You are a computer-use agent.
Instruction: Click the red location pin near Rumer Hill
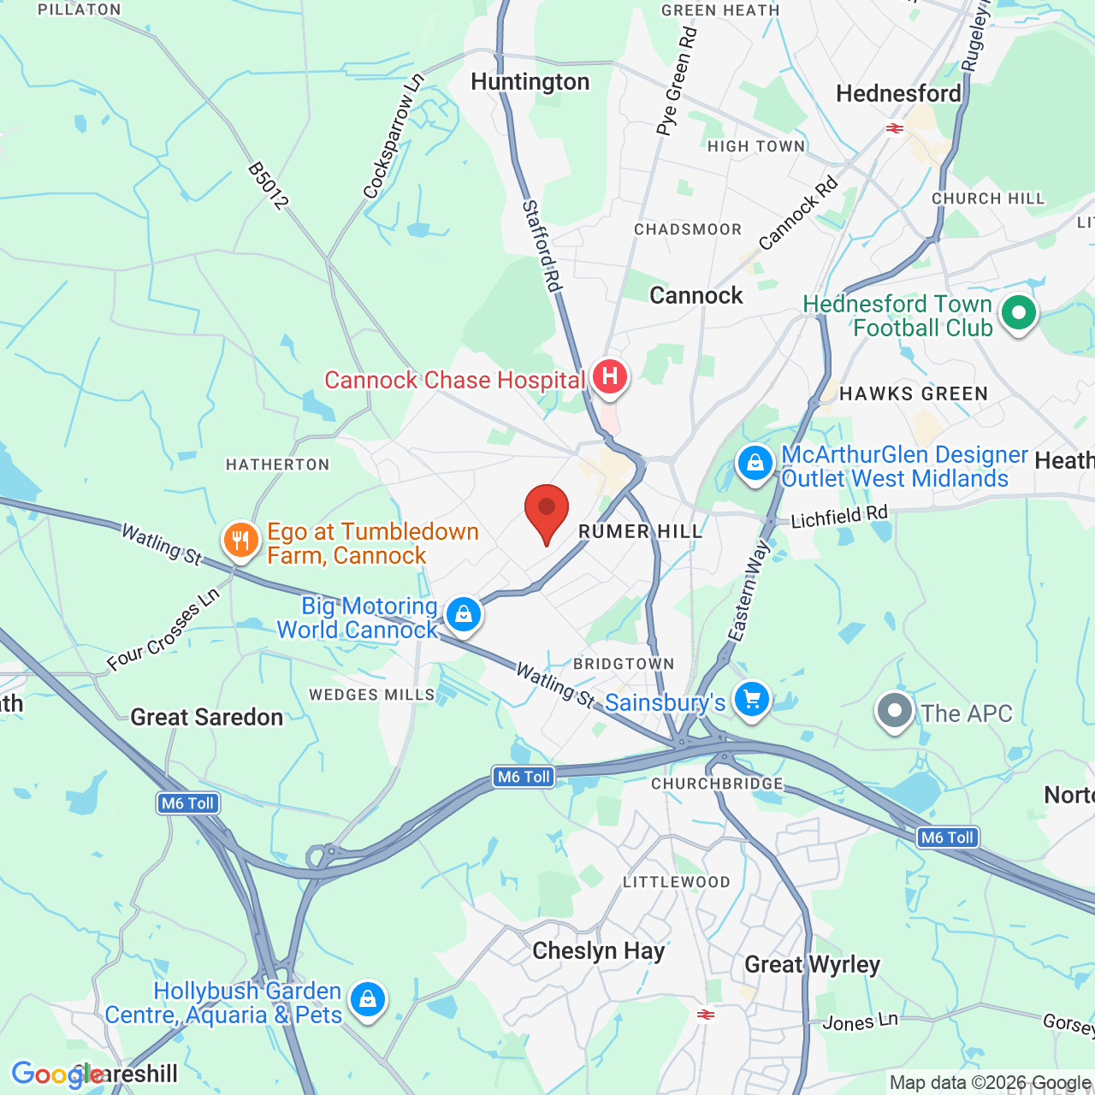(x=546, y=511)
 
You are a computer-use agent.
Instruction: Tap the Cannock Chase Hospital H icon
(x=609, y=376)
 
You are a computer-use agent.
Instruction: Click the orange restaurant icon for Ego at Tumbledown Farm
(x=241, y=540)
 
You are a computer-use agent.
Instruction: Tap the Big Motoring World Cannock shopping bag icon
(x=463, y=614)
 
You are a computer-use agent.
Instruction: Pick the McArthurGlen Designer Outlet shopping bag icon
(x=755, y=463)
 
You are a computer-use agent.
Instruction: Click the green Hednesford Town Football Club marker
(x=1018, y=312)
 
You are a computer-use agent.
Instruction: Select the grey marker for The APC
(x=895, y=710)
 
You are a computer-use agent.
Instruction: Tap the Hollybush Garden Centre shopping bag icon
(x=367, y=998)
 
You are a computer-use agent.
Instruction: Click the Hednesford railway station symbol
(x=895, y=128)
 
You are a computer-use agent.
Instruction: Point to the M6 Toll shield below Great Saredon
(x=188, y=803)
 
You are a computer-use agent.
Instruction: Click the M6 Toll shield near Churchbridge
(x=524, y=777)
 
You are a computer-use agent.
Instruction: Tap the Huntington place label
(x=530, y=82)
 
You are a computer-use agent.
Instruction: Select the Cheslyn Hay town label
(x=598, y=951)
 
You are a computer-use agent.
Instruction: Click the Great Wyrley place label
(x=812, y=965)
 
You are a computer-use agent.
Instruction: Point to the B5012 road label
(x=268, y=186)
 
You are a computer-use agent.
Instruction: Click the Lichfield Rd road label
(x=839, y=517)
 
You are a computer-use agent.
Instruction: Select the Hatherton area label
(x=277, y=465)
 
